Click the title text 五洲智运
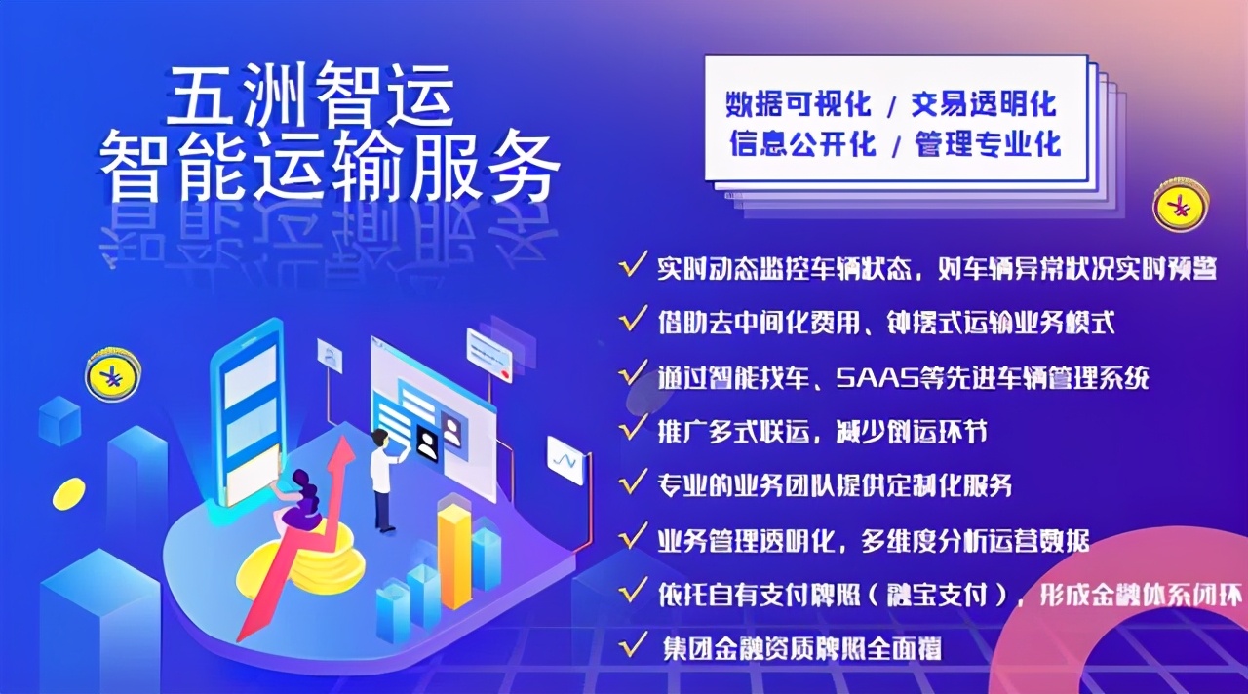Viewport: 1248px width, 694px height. pyautogui.click(x=310, y=95)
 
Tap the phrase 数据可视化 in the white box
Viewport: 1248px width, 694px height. pyautogui.click(x=799, y=103)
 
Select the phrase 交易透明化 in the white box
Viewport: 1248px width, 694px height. pyautogui.click(x=984, y=103)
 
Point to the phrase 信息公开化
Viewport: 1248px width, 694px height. pyautogui.click(x=802, y=143)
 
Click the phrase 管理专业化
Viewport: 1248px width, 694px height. pyautogui.click(x=988, y=143)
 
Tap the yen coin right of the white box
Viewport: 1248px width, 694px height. pyautogui.click(x=1181, y=206)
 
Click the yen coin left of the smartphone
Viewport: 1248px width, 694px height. pyautogui.click(x=113, y=374)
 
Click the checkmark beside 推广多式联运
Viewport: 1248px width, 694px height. pyautogui.click(x=633, y=428)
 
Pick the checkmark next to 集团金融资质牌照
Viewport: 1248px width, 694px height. pyautogui.click(x=633, y=645)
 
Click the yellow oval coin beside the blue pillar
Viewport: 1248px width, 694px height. pyautogui.click(x=68, y=493)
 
